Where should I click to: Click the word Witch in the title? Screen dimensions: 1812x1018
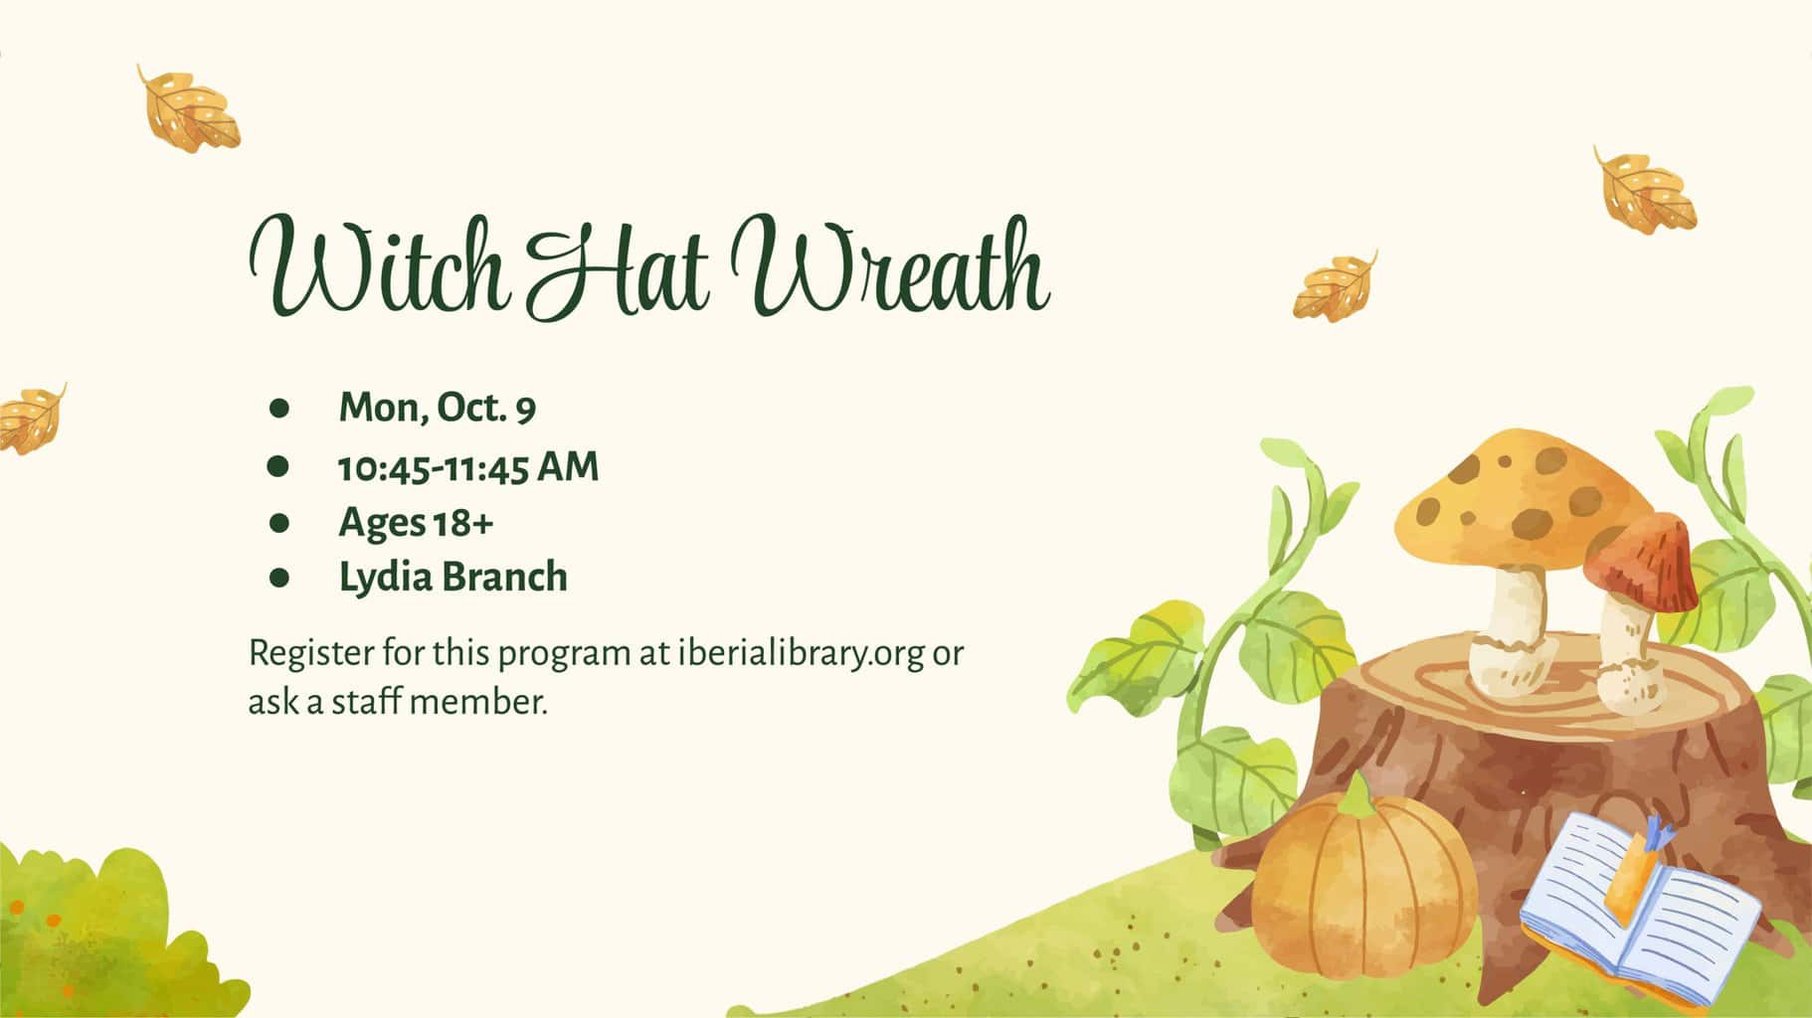(379, 263)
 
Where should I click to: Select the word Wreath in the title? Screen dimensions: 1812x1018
(889, 263)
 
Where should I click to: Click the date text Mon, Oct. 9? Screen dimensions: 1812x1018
(438, 408)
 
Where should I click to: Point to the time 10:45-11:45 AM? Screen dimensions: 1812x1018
(468, 466)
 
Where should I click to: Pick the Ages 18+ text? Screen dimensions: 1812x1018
(416, 523)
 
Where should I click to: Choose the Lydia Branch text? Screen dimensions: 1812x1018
(453, 577)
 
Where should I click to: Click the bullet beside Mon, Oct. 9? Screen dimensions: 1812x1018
(278, 408)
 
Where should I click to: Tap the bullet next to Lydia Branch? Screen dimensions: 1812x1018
(278, 578)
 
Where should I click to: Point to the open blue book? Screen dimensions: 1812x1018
(1640, 911)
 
